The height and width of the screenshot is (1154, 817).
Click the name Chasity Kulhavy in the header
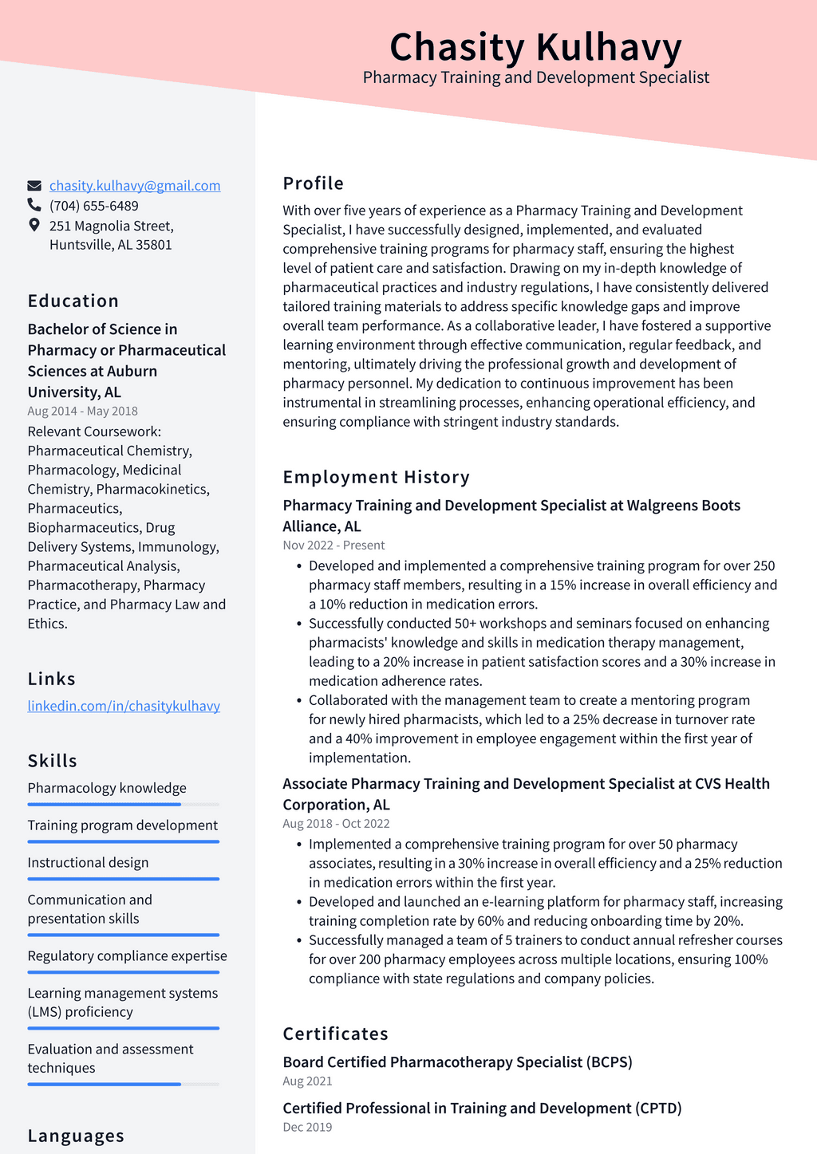click(535, 47)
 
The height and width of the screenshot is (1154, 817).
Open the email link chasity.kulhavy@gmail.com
click(135, 186)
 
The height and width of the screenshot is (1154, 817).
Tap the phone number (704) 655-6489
click(94, 206)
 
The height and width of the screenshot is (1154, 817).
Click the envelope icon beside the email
click(34, 186)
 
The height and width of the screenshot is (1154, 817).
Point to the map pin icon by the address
click(34, 225)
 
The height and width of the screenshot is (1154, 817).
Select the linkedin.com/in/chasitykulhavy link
click(124, 706)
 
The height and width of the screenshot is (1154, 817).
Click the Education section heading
click(73, 301)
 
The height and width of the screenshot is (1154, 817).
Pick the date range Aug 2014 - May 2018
click(82, 411)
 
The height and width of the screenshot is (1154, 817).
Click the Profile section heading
click(313, 183)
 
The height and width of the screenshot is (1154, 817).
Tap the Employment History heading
click(376, 477)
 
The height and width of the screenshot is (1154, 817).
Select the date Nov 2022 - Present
click(334, 545)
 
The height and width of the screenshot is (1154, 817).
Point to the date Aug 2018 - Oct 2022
click(336, 824)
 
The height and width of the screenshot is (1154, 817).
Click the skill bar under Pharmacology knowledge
click(123, 805)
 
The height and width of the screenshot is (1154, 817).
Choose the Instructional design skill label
click(88, 863)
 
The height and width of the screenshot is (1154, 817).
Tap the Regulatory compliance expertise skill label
click(127, 956)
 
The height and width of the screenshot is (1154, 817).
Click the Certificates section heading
click(335, 1034)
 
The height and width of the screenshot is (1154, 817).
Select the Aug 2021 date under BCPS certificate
click(307, 1081)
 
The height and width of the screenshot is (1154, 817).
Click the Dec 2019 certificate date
click(307, 1127)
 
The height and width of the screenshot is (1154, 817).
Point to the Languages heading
click(76, 1136)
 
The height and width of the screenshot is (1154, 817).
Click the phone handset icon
click(34, 206)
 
